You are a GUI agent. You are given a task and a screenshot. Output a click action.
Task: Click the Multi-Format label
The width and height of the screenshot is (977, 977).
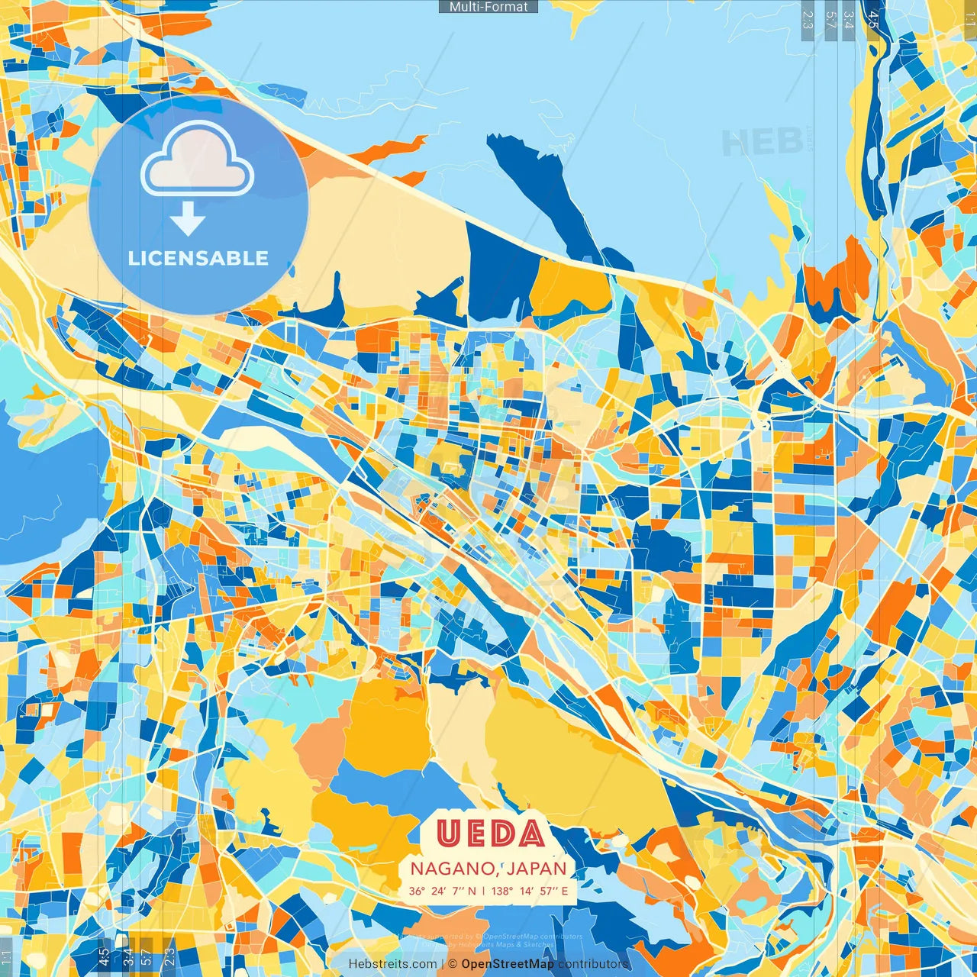coord(488,7)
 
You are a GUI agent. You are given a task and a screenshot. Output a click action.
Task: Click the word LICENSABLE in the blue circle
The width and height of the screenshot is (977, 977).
coord(198,258)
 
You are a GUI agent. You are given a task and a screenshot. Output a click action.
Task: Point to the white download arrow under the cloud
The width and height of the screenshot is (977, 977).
coord(187,221)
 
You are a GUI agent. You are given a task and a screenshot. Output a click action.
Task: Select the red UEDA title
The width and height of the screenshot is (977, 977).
coord(491,834)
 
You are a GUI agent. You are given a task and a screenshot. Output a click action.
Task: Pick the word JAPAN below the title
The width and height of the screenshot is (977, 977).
coord(537,869)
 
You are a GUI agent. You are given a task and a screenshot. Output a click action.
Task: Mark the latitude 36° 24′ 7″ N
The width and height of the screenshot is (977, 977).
coord(442,891)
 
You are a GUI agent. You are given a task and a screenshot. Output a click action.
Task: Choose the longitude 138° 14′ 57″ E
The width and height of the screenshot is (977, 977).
coord(530,891)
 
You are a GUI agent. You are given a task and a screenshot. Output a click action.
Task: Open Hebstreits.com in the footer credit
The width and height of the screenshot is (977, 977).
coord(392,964)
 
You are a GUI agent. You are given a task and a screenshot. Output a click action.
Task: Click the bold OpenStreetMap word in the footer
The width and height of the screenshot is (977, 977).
coord(508,964)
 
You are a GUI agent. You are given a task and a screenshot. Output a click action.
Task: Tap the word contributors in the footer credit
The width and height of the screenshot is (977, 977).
coord(593,964)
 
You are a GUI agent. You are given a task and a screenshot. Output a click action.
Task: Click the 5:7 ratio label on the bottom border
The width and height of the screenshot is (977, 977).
coord(146,956)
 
